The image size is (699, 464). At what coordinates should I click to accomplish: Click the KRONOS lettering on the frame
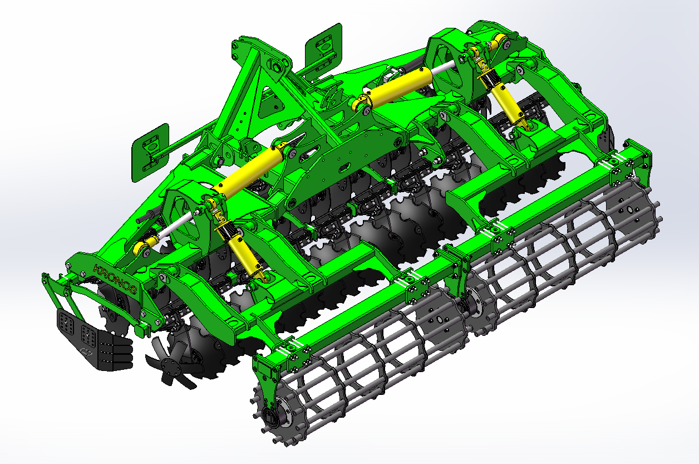115,279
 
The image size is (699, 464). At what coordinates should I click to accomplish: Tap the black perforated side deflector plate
93,340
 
